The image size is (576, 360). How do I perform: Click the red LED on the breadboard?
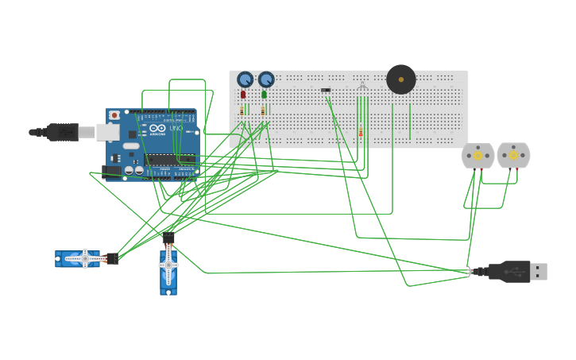[x=243, y=95]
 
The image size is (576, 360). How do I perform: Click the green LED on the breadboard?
[x=264, y=95]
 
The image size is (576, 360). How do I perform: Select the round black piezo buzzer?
[x=401, y=79]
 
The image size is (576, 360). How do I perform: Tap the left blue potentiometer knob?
[x=245, y=79]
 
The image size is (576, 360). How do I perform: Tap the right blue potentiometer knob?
[x=266, y=79]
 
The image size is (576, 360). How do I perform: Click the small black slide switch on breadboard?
[x=326, y=90]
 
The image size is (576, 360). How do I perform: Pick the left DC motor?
[x=477, y=156]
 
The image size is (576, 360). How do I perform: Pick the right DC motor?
[x=513, y=156]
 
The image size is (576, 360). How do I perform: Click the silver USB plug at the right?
[x=538, y=272]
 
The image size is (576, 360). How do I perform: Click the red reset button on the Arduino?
[x=114, y=115]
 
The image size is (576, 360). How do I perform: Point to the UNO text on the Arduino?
[x=176, y=128]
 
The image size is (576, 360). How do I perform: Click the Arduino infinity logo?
[x=157, y=128]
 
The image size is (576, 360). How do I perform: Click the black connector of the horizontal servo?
[x=111, y=258]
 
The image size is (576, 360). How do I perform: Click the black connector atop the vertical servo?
[x=168, y=237]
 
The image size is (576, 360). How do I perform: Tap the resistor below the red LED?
[x=242, y=111]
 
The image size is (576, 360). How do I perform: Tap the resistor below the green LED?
[x=263, y=111]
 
